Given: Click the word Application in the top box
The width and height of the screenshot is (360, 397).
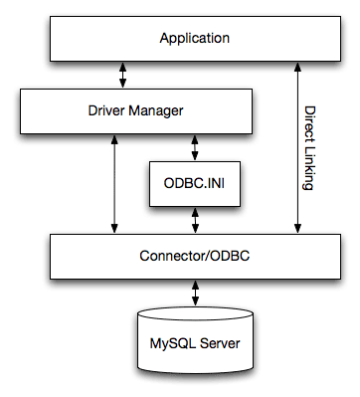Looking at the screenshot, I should tap(195, 39).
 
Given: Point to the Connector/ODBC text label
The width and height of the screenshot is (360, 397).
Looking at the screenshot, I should tap(195, 256).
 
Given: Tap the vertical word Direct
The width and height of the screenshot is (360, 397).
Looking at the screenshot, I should tap(309, 123).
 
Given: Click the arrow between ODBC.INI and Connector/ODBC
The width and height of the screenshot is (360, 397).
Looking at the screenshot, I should tap(195, 221).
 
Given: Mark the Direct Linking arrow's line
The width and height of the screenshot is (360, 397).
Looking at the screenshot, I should tap(294, 149).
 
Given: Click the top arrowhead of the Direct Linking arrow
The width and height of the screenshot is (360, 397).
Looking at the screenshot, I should tap(294, 66).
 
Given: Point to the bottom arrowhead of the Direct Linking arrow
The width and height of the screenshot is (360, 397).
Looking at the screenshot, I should tap(294, 228).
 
